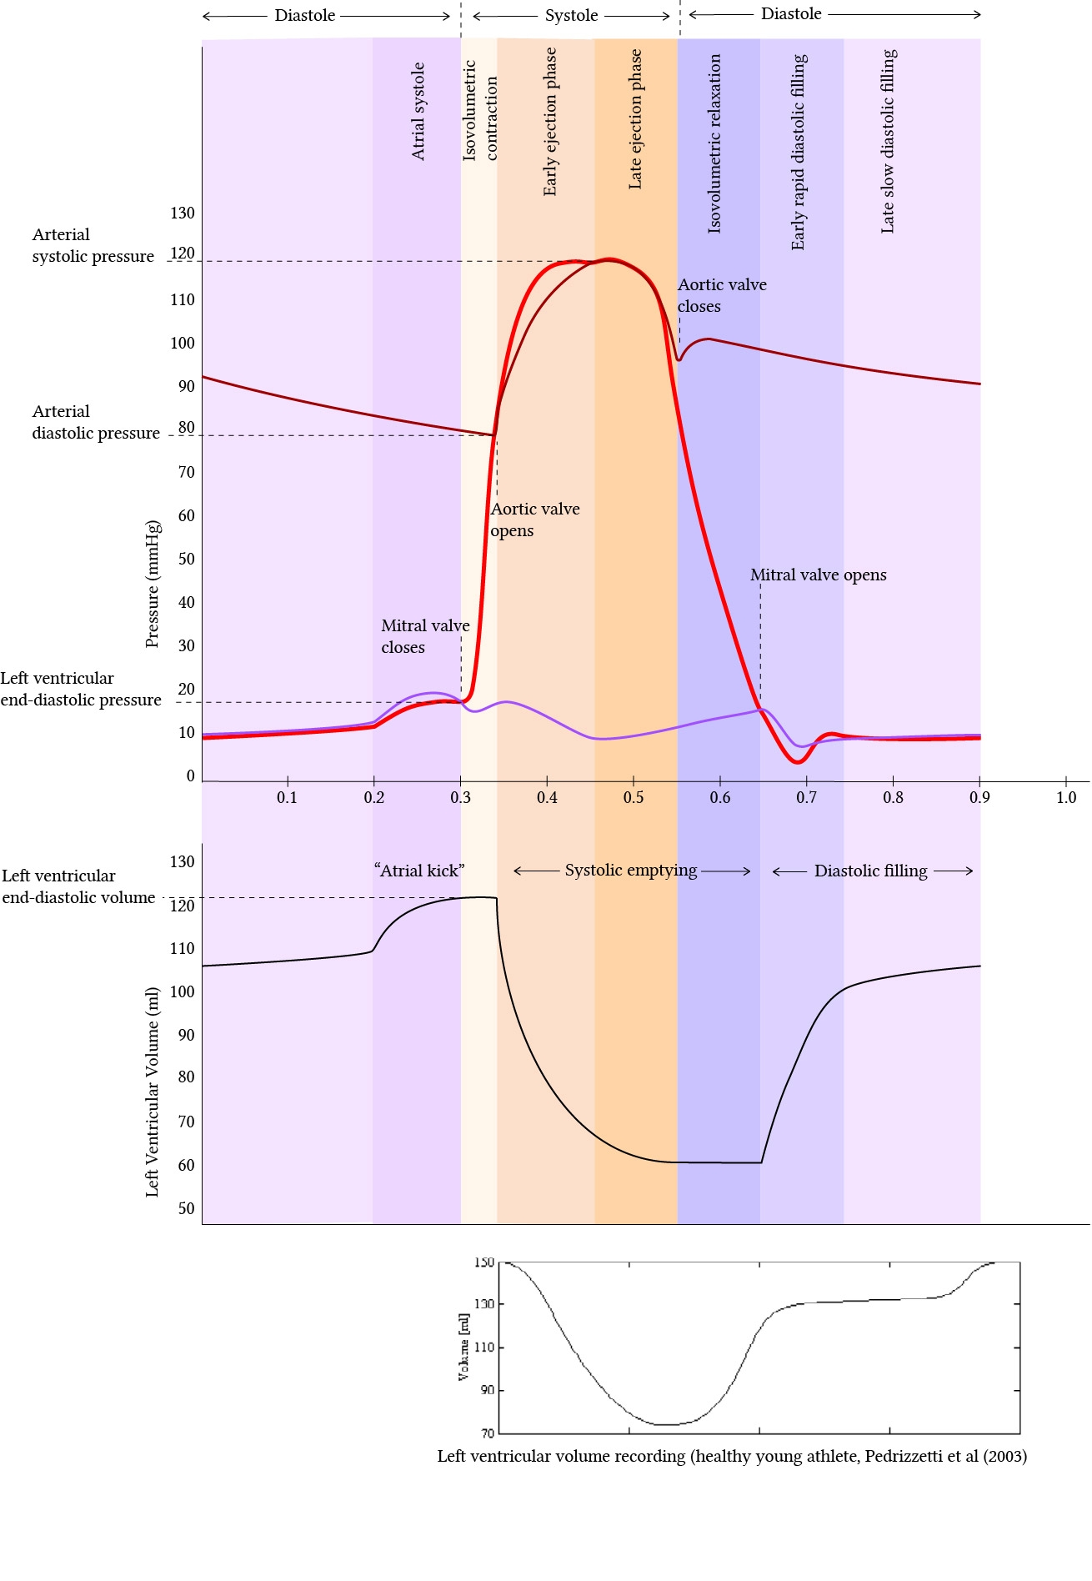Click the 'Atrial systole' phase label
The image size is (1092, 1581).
(x=418, y=111)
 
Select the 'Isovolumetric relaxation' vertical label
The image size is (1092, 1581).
(x=714, y=143)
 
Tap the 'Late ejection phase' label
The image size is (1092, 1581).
(x=635, y=118)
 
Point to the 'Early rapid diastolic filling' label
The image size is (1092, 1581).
(x=799, y=152)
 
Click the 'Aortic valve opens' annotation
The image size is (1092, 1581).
(x=534, y=519)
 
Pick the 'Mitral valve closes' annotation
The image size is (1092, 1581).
(x=425, y=636)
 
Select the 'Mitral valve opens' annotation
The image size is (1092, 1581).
(x=818, y=575)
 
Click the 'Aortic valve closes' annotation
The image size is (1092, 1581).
(x=721, y=295)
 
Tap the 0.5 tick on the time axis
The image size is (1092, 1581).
(x=634, y=797)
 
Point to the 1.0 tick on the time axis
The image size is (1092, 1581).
(x=1066, y=797)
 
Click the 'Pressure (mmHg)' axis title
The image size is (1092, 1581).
(x=152, y=584)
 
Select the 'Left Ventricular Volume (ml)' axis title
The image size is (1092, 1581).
(x=152, y=1092)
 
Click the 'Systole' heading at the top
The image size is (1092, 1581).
(x=571, y=15)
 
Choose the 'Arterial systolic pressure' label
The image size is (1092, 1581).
(x=93, y=245)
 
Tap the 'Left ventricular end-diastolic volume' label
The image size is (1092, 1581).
(x=78, y=886)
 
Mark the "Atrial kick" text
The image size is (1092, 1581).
(x=419, y=871)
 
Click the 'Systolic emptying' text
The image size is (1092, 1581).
(x=631, y=871)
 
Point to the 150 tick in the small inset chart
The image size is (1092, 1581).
(x=484, y=1262)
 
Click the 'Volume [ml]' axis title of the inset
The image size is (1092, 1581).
(x=463, y=1347)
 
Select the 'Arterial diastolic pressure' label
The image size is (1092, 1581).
(x=96, y=422)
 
